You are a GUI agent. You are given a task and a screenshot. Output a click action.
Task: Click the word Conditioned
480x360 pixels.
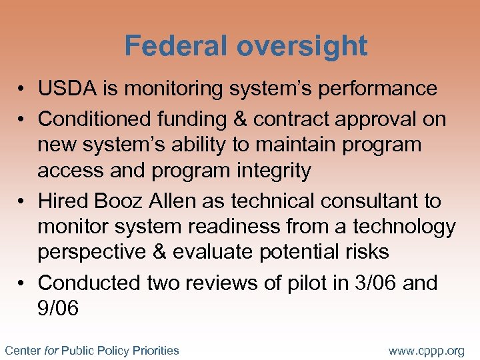pyautogui.click(x=95, y=119)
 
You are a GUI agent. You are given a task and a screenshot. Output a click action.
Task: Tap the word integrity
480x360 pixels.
pyautogui.click(x=271, y=171)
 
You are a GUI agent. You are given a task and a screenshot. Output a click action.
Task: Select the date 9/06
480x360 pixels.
pyautogui.click(x=58, y=309)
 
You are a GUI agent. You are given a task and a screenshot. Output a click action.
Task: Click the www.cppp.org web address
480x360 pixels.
pyautogui.click(x=426, y=350)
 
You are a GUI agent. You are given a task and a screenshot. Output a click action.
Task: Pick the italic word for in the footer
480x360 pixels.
pyautogui.click(x=51, y=350)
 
